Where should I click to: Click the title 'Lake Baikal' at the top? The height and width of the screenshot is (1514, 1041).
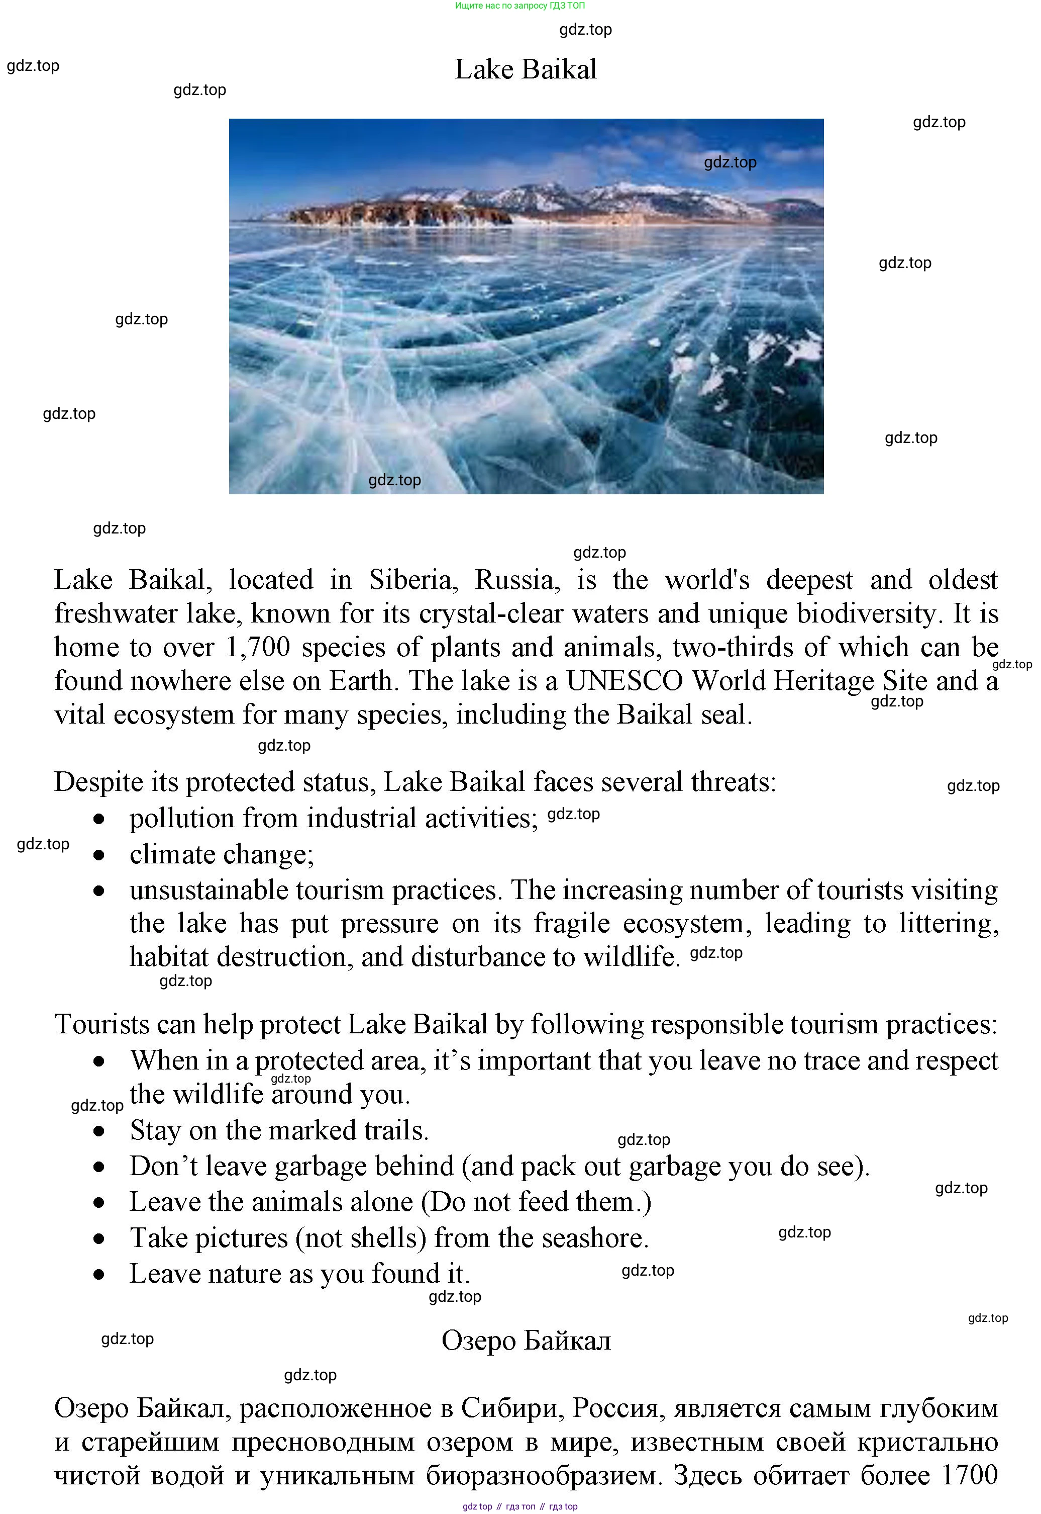pyautogui.click(x=525, y=69)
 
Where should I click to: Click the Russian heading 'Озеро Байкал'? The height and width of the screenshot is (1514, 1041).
pyautogui.click(x=526, y=1341)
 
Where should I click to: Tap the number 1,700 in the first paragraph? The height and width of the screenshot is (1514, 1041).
pyautogui.click(x=258, y=647)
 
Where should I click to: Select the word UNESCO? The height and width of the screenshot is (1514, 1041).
pyautogui.click(x=624, y=681)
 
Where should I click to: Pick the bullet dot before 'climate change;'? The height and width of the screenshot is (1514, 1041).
pyautogui.click(x=99, y=855)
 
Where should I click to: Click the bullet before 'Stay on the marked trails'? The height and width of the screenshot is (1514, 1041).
pyautogui.click(x=99, y=1131)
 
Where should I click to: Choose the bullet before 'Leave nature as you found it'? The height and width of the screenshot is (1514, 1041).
pyautogui.click(x=99, y=1275)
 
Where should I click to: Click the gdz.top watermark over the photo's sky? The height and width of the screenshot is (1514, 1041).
pyautogui.click(x=730, y=162)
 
